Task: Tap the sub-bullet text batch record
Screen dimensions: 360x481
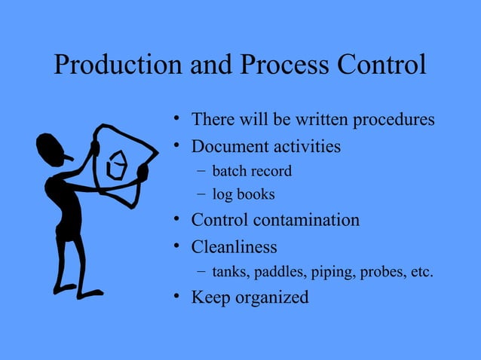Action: point(252,171)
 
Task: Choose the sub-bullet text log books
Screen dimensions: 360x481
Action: point(244,194)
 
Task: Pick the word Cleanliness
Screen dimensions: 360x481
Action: point(234,246)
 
